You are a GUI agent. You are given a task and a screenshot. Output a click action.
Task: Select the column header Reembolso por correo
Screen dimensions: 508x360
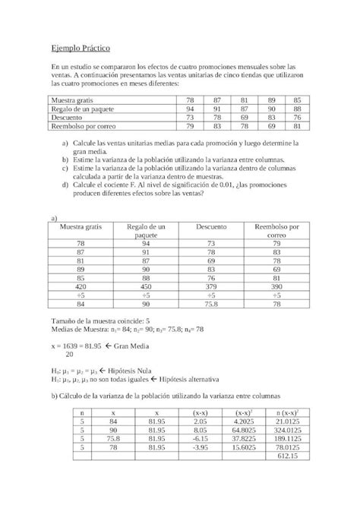pyautogui.click(x=277, y=231)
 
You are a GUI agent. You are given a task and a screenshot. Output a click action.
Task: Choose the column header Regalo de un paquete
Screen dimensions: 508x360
pyautogui.click(x=146, y=231)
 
